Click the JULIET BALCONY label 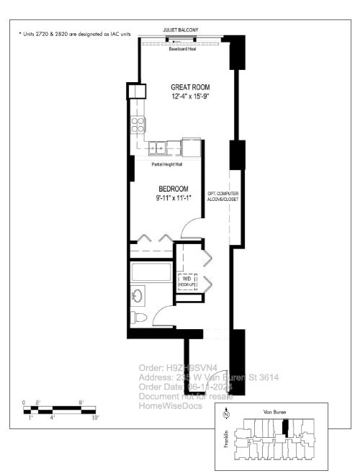tap(181, 30)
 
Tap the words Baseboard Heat tap(183, 50)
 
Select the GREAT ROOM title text tap(190, 85)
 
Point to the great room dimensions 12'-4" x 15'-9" tap(190, 96)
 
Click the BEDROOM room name tap(173, 189)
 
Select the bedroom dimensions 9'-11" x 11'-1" tap(173, 198)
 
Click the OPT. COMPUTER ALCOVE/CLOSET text tap(222, 196)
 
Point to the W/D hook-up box tap(187, 280)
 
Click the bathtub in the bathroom tap(150, 274)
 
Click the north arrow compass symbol tap(225, 414)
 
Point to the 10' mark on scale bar tap(95, 417)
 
